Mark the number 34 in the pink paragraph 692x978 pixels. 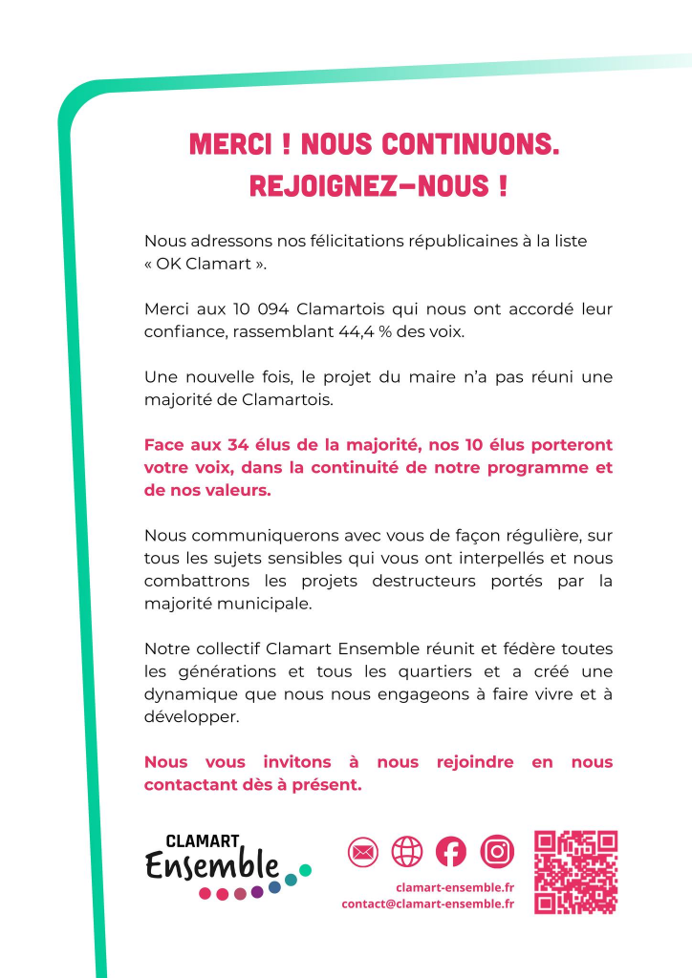[242, 446]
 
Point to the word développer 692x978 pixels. [184, 716]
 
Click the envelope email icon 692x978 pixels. [363, 850]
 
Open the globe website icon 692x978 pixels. [407, 850]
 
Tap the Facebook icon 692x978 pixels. [451, 850]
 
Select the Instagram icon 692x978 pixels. [497, 850]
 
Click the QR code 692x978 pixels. [575, 872]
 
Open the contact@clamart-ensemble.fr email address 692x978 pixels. [427, 904]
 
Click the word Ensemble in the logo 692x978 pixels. [212, 866]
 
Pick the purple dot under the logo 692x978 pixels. [257, 892]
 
